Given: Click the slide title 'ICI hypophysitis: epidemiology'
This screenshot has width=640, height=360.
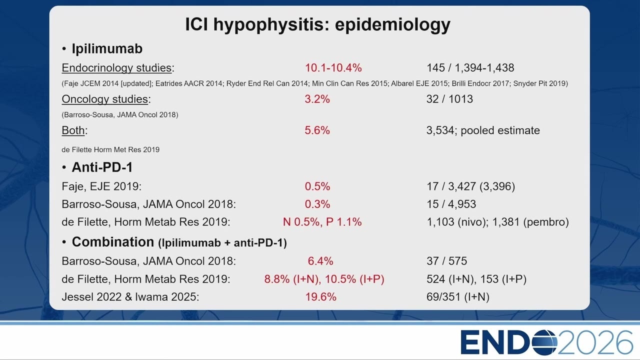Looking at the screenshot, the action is point(317,24).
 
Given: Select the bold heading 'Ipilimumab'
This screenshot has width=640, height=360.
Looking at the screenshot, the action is point(107,48).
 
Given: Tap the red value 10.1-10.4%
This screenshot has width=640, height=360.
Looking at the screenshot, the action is point(333,68).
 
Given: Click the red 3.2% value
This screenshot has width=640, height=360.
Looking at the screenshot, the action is point(317,99).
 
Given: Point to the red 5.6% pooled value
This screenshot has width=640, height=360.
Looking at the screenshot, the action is point(317,130).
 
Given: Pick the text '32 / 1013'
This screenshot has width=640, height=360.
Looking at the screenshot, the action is point(449,99).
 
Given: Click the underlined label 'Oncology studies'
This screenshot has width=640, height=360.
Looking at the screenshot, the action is point(105,99).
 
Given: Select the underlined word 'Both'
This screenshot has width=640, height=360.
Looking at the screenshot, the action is point(73,130).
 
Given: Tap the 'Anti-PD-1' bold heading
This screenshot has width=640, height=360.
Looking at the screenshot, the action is point(102,167).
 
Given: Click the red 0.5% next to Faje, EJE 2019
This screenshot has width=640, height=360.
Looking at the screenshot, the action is point(317,186).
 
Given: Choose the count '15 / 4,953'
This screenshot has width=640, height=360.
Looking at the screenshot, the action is point(451,204).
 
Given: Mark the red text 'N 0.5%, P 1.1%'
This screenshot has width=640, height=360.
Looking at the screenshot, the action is point(322,222).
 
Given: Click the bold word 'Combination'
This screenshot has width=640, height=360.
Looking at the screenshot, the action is point(113,242).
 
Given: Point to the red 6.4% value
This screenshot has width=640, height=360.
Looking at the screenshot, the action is point(320,261).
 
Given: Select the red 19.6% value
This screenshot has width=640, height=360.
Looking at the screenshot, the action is point(321,297).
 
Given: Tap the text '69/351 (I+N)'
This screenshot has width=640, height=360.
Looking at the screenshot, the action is point(458,297).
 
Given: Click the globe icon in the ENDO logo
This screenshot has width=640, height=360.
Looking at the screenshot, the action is point(545,342).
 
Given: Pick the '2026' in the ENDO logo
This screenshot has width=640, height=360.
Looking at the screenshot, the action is point(595,342).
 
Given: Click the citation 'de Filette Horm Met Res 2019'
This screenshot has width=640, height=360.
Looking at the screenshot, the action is point(110,149).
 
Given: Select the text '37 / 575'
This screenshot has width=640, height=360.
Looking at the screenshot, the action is point(447,261).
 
